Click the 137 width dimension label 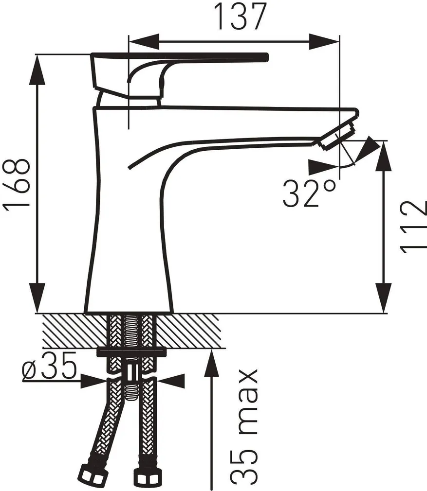(241, 17)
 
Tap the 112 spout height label (413, 226)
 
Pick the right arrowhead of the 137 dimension (324, 40)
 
